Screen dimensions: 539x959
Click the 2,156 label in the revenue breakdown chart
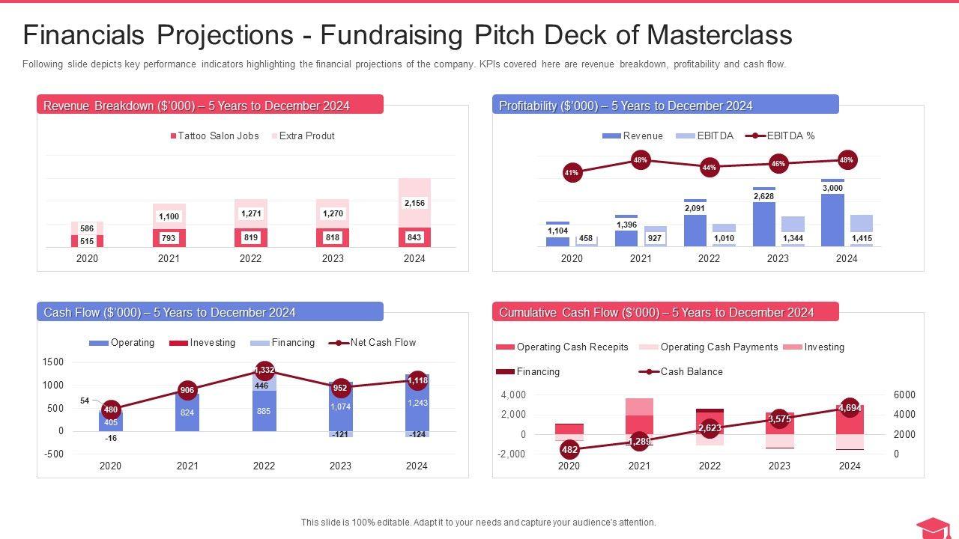point(414,203)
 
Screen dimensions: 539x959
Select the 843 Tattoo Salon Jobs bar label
point(414,237)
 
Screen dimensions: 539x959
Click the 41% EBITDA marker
point(572,173)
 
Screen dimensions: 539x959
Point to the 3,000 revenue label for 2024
point(832,188)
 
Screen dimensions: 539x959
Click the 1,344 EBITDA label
point(793,239)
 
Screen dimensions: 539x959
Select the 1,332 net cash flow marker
point(264,371)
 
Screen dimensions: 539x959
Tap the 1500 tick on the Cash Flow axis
point(53,362)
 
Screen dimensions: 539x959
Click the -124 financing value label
point(417,435)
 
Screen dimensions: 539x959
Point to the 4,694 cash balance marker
point(850,408)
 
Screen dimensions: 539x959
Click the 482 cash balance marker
point(569,450)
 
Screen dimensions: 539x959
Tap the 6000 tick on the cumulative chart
point(905,395)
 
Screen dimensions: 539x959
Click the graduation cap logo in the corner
point(933,527)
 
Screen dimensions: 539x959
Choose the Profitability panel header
point(665,106)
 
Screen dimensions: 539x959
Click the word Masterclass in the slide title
point(719,35)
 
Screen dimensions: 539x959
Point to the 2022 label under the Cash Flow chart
point(264,466)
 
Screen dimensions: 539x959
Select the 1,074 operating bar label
point(341,406)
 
